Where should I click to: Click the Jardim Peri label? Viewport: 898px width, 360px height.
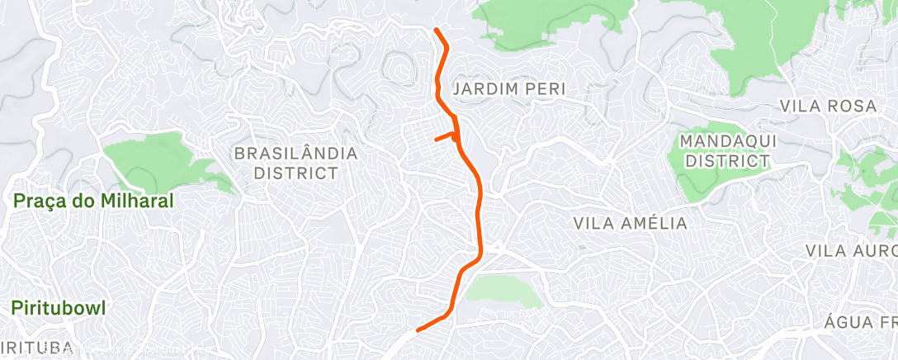509,88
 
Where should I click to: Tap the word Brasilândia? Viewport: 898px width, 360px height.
296,154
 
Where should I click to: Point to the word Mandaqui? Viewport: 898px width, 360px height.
728,141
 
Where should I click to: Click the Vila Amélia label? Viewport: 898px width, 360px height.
630,223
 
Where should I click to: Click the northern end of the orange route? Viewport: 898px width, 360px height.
436,31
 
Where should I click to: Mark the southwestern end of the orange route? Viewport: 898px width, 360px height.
418,330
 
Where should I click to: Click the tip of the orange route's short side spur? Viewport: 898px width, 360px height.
437,139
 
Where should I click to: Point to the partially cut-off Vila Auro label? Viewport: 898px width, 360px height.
850,250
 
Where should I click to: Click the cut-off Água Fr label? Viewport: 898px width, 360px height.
861,321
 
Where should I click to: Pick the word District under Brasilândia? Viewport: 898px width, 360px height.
296,173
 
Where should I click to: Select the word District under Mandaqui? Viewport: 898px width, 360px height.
728,162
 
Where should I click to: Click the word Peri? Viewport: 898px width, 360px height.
546,88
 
